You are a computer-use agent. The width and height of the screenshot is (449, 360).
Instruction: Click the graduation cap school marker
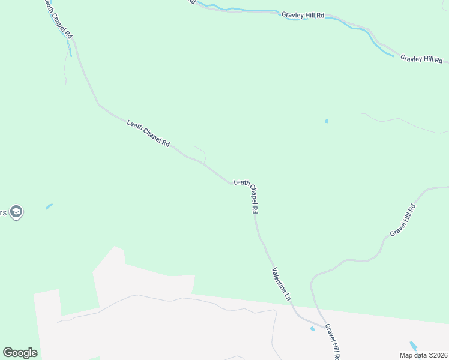click(16, 212)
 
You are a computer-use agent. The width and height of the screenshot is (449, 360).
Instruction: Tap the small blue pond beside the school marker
click(49, 206)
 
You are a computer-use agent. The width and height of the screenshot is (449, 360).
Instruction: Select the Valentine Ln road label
click(282, 284)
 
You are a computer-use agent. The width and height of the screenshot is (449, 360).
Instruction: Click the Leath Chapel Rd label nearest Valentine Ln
click(246, 197)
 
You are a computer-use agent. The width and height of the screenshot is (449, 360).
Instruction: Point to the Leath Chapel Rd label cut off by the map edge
click(58, 19)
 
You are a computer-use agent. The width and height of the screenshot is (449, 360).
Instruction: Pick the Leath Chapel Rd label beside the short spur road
click(149, 134)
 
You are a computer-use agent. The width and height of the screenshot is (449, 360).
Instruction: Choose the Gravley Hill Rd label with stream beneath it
click(303, 14)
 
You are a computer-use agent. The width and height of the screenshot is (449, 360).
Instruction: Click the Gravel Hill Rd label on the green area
click(402, 220)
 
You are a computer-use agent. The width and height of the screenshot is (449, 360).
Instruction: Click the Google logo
click(20, 353)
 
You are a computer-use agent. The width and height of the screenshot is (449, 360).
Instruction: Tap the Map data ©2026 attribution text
click(423, 355)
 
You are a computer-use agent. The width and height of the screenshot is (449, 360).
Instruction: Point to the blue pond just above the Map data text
click(413, 346)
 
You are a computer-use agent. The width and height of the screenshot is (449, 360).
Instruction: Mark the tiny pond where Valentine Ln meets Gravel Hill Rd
click(312, 329)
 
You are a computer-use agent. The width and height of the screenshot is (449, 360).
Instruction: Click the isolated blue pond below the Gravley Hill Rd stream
click(326, 122)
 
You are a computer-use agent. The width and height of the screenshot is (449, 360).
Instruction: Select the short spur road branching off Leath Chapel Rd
click(202, 152)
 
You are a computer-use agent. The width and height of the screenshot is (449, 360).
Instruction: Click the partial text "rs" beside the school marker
click(3, 212)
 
